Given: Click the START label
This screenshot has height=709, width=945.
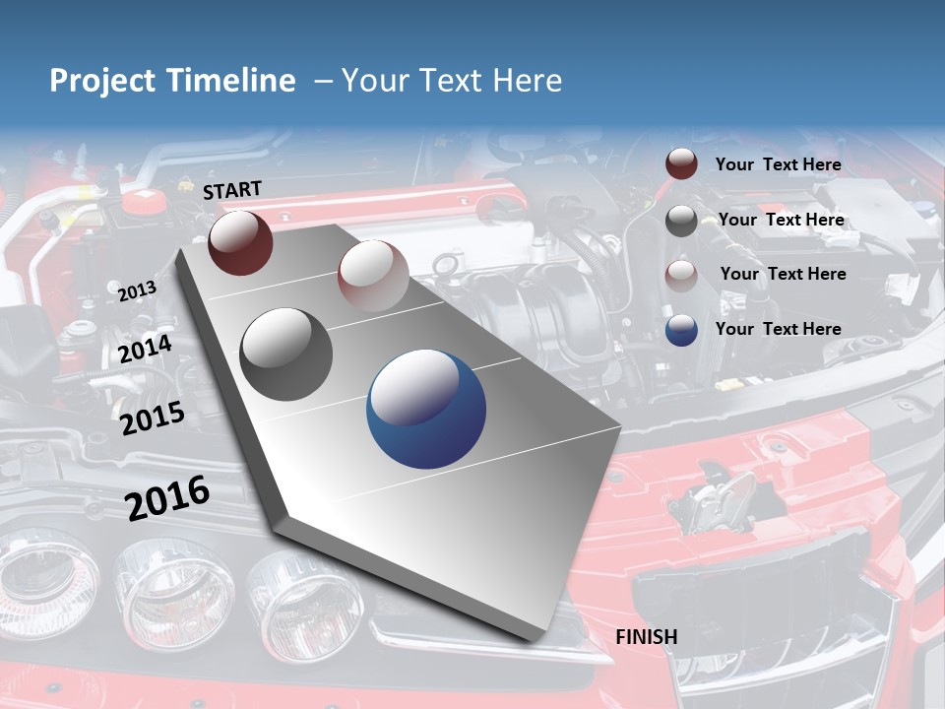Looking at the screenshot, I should coord(232,190).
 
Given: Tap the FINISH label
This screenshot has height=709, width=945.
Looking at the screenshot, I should coord(647,637).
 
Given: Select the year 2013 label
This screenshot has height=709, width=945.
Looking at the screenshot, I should coord(137,290).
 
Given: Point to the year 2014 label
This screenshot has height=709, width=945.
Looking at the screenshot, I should coord(146,349).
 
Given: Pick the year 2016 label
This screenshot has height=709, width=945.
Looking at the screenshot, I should coord(167,496).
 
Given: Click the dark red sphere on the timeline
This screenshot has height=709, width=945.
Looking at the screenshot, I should coord(240,242).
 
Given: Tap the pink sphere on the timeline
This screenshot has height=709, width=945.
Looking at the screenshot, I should coord(373,275).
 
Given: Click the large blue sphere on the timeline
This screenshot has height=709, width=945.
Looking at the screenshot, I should coord(426,409).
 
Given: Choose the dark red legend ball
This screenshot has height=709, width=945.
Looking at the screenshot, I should coord(681,164).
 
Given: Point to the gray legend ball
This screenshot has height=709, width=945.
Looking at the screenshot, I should coord(681,221).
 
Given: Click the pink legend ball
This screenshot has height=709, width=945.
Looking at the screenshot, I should coord(681,276).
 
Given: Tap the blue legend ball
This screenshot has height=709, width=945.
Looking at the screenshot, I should coord(681,330).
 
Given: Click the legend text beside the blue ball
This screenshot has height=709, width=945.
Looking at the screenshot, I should coord(779,329).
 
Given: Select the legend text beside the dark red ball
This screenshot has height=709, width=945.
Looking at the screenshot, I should coord(779,164).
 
